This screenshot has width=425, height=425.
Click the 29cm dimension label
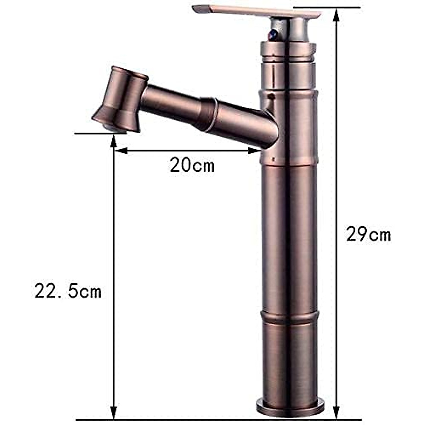tap(368, 234)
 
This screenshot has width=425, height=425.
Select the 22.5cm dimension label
tap(68, 291)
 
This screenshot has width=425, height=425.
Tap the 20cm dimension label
tap(192, 165)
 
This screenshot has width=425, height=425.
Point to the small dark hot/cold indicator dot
tap(272, 35)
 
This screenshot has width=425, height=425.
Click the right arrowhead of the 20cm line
tap(255, 151)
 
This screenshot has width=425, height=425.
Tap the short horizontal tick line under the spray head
tap(101, 134)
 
